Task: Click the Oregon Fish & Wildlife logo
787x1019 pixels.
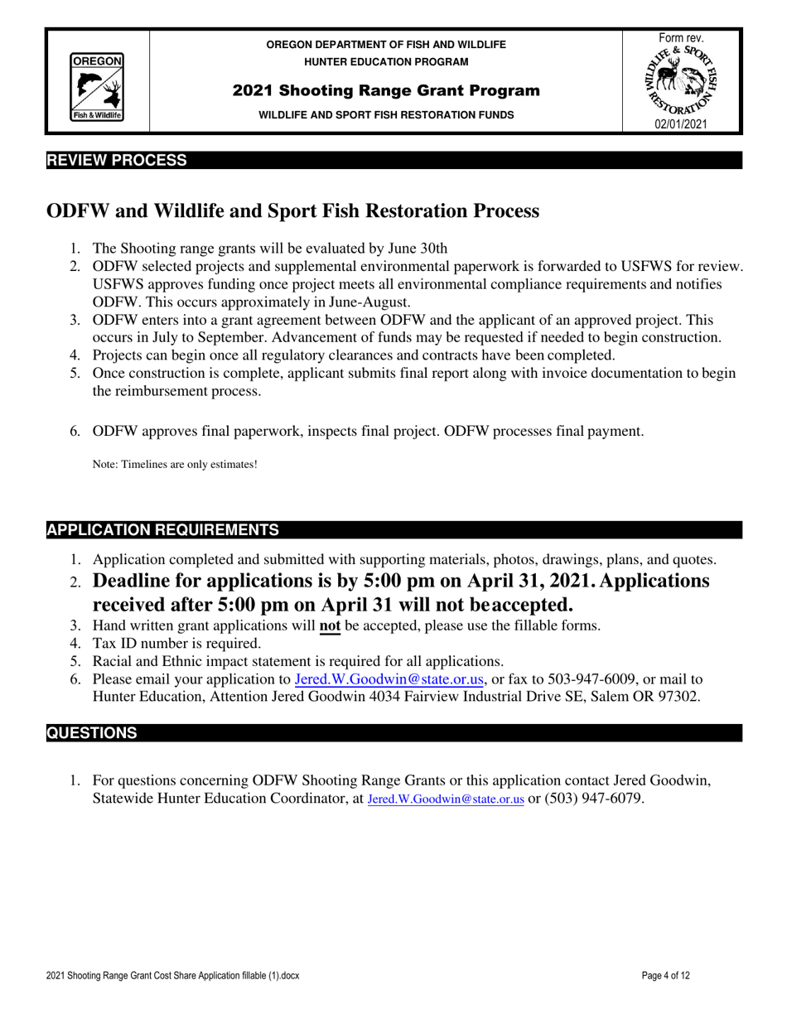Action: click(x=97, y=87)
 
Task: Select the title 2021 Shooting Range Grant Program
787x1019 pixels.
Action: click(x=386, y=89)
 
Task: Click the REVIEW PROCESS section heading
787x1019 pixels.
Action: click(x=116, y=160)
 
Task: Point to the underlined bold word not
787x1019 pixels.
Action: click(x=330, y=625)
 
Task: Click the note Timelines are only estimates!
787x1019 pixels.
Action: click(x=175, y=465)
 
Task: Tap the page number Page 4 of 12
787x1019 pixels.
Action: click(x=665, y=976)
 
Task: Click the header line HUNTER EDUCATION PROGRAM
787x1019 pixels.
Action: click(x=386, y=62)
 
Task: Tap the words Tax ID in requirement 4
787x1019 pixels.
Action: click(x=114, y=643)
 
